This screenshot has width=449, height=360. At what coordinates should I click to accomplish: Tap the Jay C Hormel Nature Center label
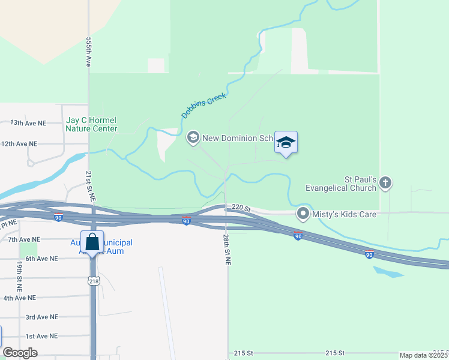pyautogui.click(x=91, y=124)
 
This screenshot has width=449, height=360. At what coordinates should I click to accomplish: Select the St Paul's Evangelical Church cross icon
pyautogui.click(x=385, y=182)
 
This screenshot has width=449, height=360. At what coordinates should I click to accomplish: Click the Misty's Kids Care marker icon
pyautogui.click(x=304, y=213)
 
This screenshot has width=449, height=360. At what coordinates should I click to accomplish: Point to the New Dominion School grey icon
pyautogui.click(x=193, y=138)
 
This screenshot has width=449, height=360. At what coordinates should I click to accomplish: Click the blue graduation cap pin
pyautogui.click(x=286, y=142)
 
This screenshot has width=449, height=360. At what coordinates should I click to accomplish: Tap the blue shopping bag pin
pyautogui.click(x=92, y=242)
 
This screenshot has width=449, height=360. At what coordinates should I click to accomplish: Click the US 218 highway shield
pyautogui.click(x=93, y=281)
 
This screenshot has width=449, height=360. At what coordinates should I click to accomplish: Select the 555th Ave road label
pyautogui.click(x=88, y=52)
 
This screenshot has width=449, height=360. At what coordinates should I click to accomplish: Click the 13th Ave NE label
pyautogui.click(x=28, y=123)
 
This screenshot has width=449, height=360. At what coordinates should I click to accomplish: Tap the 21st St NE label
pyautogui.click(x=88, y=185)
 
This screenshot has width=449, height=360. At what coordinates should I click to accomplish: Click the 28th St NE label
pyautogui.click(x=227, y=250)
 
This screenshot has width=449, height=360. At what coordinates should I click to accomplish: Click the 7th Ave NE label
pyautogui.click(x=24, y=239)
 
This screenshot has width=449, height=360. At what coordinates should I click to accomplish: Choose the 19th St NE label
pyautogui.click(x=19, y=272)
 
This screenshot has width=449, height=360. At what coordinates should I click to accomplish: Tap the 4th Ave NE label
pyautogui.click(x=19, y=298)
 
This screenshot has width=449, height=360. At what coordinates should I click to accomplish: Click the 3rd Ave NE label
pyautogui.click(x=42, y=317)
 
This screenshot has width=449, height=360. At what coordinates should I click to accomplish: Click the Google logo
pyautogui.click(x=20, y=353)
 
